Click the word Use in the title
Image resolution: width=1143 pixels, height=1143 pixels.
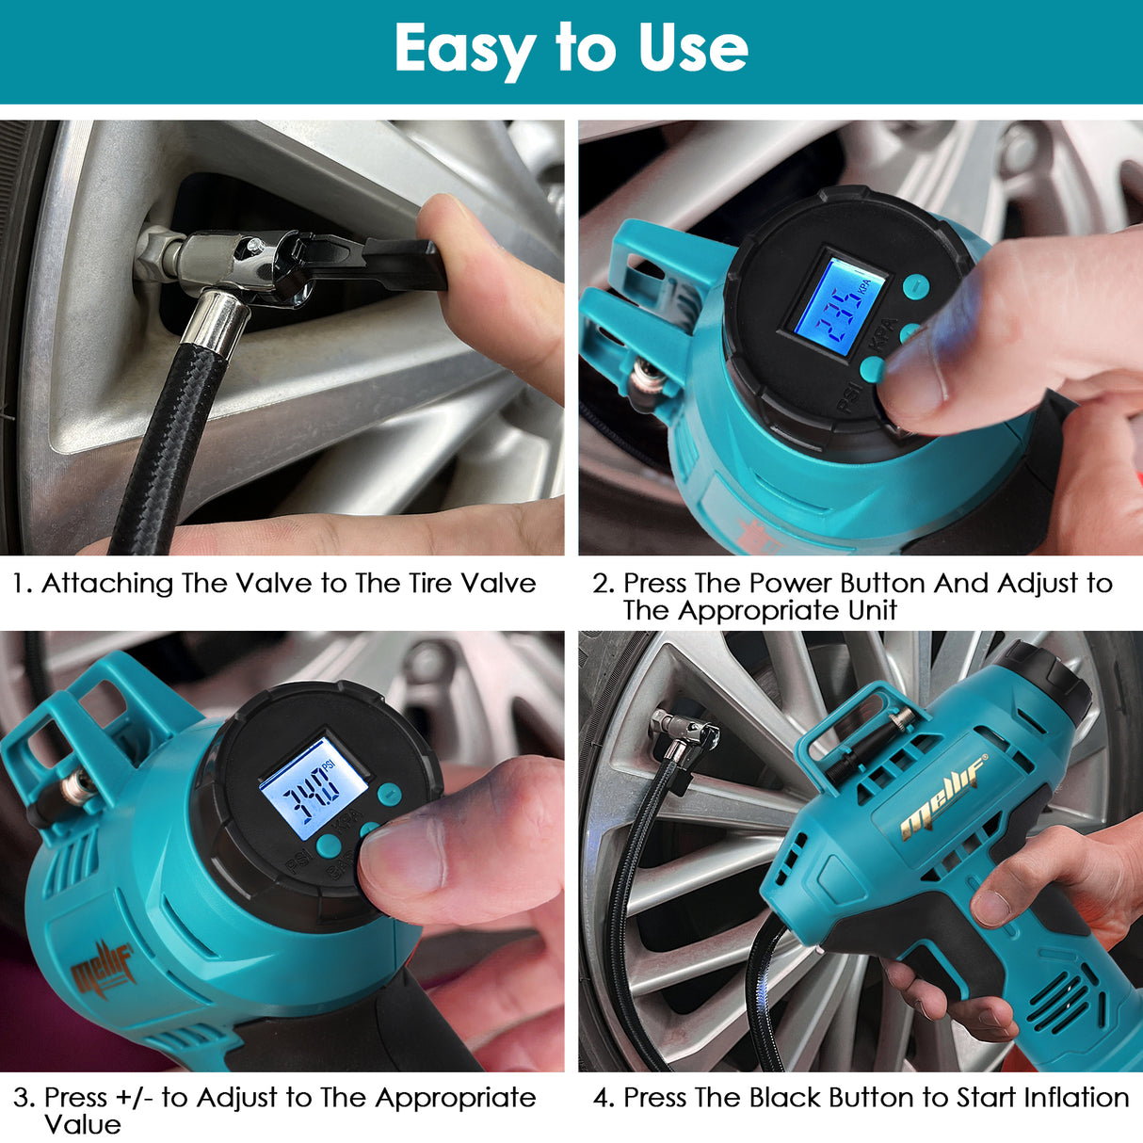693,49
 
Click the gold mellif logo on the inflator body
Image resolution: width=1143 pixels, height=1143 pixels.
942,796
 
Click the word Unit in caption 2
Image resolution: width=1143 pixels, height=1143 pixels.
872,611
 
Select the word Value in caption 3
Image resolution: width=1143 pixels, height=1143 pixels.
83,1125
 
